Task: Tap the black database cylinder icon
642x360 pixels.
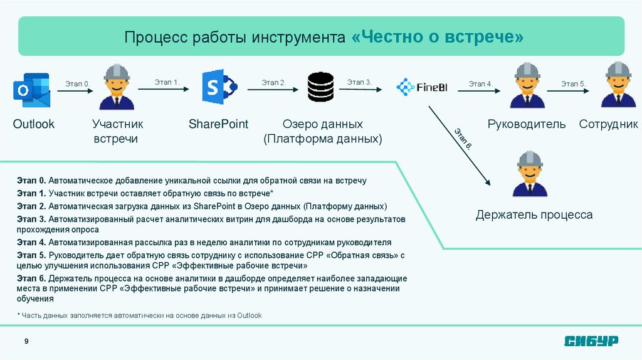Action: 320,87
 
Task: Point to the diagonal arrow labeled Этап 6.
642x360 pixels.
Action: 459,146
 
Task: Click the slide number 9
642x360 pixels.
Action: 26,341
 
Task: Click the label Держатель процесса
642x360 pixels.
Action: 534,215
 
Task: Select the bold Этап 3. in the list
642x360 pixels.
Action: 31,219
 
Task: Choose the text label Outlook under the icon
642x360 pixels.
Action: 34,124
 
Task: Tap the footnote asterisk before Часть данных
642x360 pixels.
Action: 19,315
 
